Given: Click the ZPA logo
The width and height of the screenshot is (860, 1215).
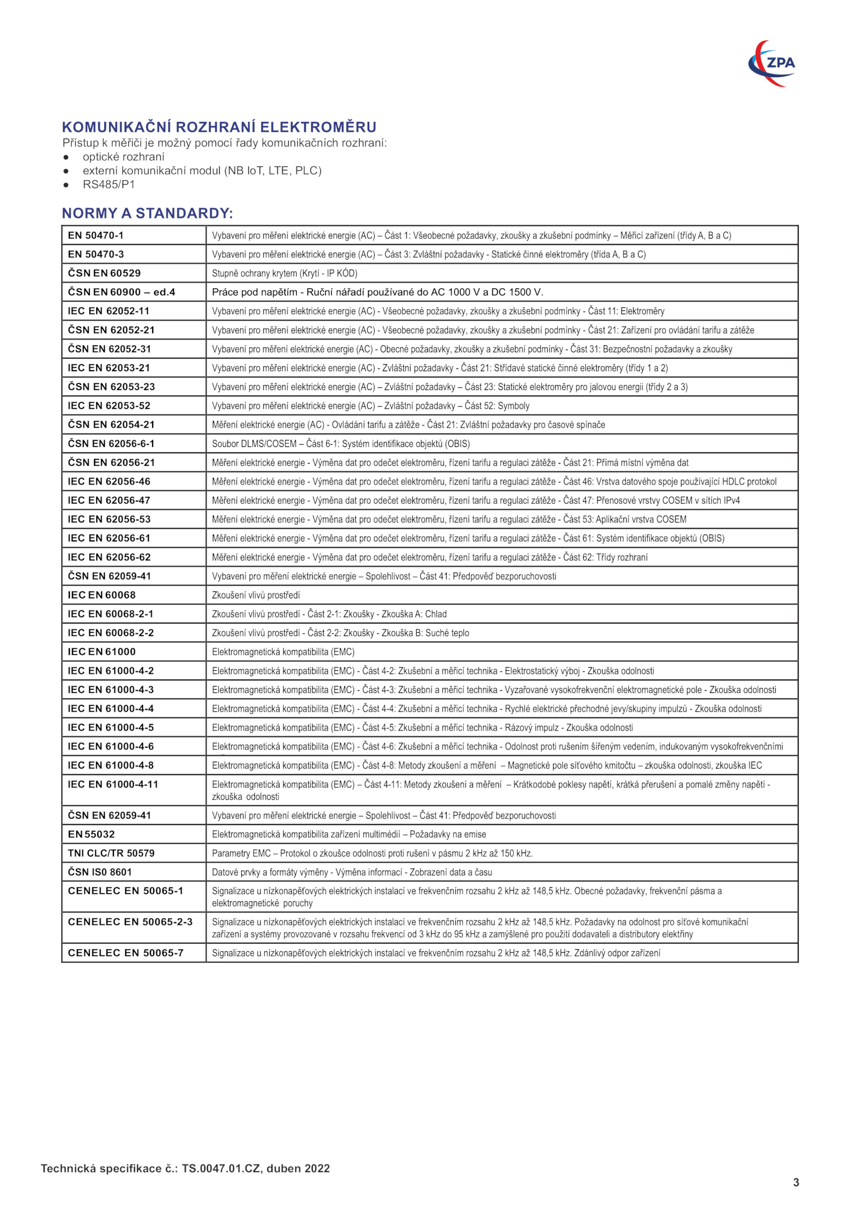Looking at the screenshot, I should (771, 63).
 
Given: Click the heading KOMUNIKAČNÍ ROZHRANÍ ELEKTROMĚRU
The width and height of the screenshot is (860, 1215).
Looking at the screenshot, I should (219, 127).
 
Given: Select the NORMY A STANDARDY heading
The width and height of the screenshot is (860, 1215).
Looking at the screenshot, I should (147, 213).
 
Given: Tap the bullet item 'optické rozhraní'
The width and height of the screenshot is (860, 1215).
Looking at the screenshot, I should (123, 157).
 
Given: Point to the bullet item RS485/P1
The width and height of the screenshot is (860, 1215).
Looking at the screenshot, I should (109, 185).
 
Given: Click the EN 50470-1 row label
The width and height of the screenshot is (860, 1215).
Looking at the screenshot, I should (96, 235).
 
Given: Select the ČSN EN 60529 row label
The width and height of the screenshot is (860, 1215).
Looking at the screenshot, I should (104, 273).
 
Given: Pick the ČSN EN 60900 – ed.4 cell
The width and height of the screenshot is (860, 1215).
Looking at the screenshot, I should (121, 292).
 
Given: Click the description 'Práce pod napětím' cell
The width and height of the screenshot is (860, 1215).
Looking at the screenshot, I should (377, 292).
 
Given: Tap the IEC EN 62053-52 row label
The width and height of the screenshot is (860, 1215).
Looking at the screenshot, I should (109, 406).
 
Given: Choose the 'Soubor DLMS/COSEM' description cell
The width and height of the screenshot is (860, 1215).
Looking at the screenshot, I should (341, 444).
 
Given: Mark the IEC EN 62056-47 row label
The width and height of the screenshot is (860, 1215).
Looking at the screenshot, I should (109, 500).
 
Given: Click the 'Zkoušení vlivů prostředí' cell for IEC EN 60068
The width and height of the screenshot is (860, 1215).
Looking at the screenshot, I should (256, 595).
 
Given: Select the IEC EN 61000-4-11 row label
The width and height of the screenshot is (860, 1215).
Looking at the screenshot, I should (113, 784).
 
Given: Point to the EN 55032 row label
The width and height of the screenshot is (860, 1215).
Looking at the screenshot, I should (91, 834).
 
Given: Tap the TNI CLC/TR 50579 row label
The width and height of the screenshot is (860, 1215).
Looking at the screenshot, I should (111, 853).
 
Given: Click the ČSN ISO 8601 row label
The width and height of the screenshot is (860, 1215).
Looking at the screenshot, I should (100, 872).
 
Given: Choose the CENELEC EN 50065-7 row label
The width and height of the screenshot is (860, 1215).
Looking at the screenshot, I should (126, 953).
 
